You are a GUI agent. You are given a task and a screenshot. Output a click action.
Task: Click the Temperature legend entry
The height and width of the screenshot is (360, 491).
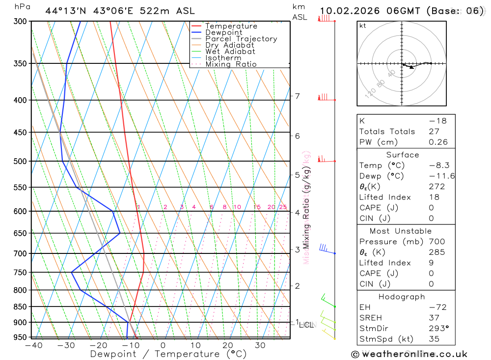click(231, 26)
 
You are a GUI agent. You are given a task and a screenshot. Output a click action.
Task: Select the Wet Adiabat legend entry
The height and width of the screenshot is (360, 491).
click(230, 52)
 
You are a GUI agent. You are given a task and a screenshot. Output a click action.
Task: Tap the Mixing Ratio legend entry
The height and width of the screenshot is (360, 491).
click(231, 64)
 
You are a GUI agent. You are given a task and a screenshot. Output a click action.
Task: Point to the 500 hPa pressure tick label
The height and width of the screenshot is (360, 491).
click(20, 161)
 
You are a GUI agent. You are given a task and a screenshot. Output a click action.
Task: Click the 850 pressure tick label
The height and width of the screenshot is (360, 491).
click(20, 306)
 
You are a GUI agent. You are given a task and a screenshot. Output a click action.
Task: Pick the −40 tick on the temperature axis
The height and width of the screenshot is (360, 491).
click(33, 345)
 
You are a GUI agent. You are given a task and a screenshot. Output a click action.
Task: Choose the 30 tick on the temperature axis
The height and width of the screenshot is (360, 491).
click(260, 345)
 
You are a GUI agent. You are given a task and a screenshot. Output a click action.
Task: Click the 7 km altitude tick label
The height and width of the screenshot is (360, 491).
click(298, 96)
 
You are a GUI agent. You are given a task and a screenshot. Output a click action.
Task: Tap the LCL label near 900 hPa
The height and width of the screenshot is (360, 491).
click(306, 325)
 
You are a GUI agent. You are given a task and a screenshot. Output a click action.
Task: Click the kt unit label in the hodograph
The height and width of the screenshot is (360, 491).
click(363, 26)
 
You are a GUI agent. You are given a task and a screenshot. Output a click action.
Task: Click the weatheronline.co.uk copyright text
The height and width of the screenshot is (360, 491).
click(409, 354)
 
